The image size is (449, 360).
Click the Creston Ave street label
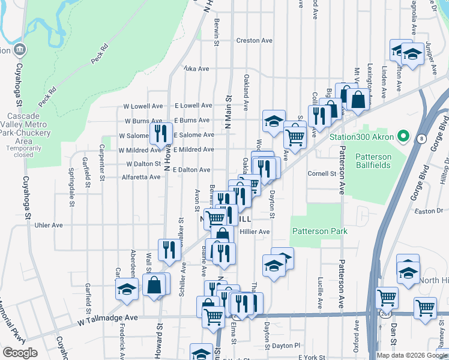255,41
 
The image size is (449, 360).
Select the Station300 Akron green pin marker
403,136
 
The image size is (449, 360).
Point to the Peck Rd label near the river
99,53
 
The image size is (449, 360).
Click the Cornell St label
322,174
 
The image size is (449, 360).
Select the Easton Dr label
427,211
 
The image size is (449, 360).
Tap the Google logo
20,352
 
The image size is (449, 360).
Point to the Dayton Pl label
285,346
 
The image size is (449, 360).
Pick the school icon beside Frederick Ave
127,289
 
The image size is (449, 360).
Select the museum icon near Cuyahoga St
20,49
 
